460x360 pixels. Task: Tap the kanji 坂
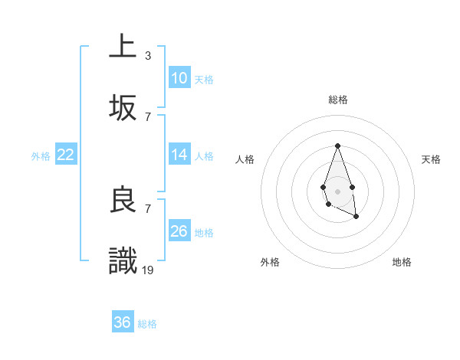pos(123,108)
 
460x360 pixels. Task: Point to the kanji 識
pos(123,261)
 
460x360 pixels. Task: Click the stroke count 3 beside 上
pos(147,55)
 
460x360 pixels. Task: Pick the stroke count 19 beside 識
pos(149,270)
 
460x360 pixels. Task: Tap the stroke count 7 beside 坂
pos(147,116)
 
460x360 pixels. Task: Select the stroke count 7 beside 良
pos(147,208)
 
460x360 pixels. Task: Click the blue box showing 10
pos(179,77)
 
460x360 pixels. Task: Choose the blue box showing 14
pos(179,154)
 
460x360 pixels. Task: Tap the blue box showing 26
pos(179,231)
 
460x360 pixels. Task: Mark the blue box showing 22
pos(66,154)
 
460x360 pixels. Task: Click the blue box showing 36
pos(123,322)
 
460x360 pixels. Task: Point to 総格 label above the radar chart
pos(338,100)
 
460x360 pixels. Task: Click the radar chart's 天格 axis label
pos(432,159)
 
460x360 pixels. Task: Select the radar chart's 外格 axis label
pos(271,262)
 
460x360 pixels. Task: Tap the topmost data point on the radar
pos(337,146)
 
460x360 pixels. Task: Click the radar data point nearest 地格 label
pos(356,217)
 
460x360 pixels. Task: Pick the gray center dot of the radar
pos(337,190)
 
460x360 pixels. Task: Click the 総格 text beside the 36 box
pos(147,324)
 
